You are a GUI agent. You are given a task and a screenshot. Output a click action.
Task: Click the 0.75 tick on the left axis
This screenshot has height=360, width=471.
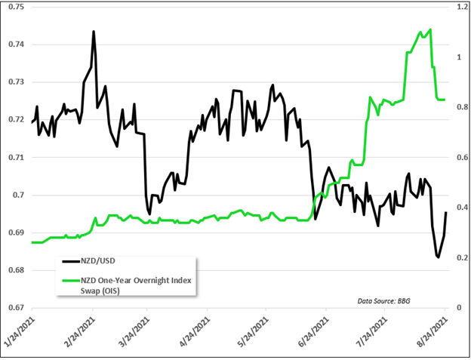click(x=14, y=7)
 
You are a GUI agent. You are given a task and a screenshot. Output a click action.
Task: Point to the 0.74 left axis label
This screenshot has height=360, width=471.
click(x=14, y=45)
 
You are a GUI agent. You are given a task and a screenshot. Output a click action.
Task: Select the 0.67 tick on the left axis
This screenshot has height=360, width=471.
click(x=14, y=308)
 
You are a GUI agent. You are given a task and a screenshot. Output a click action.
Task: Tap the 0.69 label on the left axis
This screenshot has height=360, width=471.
click(x=14, y=232)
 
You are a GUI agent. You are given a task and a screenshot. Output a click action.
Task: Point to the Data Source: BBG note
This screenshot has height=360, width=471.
click(x=386, y=300)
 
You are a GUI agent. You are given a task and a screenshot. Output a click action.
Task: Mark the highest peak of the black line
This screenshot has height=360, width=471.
click(x=93, y=31)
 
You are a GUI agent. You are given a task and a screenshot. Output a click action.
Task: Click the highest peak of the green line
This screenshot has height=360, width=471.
click(x=429, y=29)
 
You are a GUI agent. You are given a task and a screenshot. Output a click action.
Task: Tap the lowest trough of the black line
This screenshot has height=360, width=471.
click(x=438, y=257)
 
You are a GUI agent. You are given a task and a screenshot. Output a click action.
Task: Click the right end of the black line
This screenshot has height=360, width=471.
click(x=446, y=212)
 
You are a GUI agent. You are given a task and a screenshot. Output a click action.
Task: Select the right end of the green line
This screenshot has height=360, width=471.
click(x=445, y=100)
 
